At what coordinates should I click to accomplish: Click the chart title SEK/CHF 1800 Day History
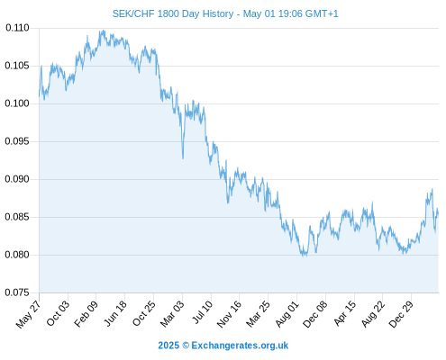[x=173, y=13]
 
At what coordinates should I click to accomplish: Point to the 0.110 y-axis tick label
[x=17, y=28]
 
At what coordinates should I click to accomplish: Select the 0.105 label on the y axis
[x=17, y=66]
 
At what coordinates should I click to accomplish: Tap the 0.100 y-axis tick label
[x=17, y=103]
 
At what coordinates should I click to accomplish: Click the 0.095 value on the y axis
[x=17, y=141]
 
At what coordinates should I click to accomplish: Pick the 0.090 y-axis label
[x=17, y=179]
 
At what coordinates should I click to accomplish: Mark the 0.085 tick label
[x=17, y=217]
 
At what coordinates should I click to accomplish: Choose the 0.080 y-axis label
[x=17, y=255]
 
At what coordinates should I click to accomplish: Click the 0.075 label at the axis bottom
[x=17, y=292]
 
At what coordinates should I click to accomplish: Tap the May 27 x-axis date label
[x=28, y=314]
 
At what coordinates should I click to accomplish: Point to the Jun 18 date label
[x=115, y=313]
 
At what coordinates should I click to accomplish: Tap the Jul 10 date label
[x=202, y=312]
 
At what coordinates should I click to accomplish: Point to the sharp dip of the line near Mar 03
[x=183, y=157]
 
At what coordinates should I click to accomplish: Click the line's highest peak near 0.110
[x=104, y=31]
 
